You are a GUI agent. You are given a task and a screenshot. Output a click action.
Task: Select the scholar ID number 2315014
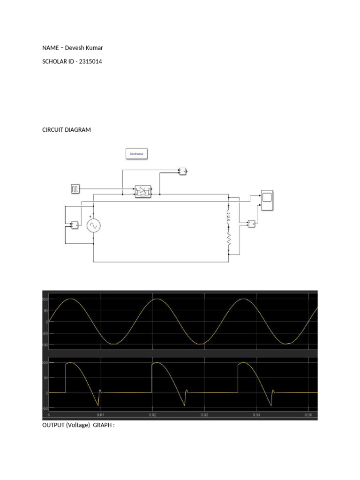click(x=89, y=61)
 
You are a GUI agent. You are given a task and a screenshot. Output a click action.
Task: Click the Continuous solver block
click(x=136, y=154)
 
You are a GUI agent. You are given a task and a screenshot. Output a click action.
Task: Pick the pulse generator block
click(x=75, y=189)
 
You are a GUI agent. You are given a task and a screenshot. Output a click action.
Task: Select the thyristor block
click(x=143, y=191)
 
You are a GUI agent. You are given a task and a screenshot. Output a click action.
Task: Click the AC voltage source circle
click(x=93, y=226)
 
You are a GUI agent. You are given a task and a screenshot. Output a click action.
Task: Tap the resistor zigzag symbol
click(x=229, y=240)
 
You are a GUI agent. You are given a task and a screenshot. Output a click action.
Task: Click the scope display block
click(x=268, y=200)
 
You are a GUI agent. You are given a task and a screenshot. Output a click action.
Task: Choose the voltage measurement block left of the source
click(x=75, y=225)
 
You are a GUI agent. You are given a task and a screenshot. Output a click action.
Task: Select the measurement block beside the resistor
click(x=252, y=223)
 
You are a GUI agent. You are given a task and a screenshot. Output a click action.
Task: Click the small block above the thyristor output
click(x=183, y=171)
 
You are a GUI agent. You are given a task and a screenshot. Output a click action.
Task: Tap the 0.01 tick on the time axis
click(x=100, y=415)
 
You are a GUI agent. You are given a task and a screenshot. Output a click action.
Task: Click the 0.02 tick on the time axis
click(x=152, y=415)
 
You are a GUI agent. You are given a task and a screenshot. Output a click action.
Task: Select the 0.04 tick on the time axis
click(x=256, y=415)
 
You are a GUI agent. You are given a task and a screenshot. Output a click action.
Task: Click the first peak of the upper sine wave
click(x=70, y=299)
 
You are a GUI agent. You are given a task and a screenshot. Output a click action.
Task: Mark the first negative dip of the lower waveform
click(x=98, y=405)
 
